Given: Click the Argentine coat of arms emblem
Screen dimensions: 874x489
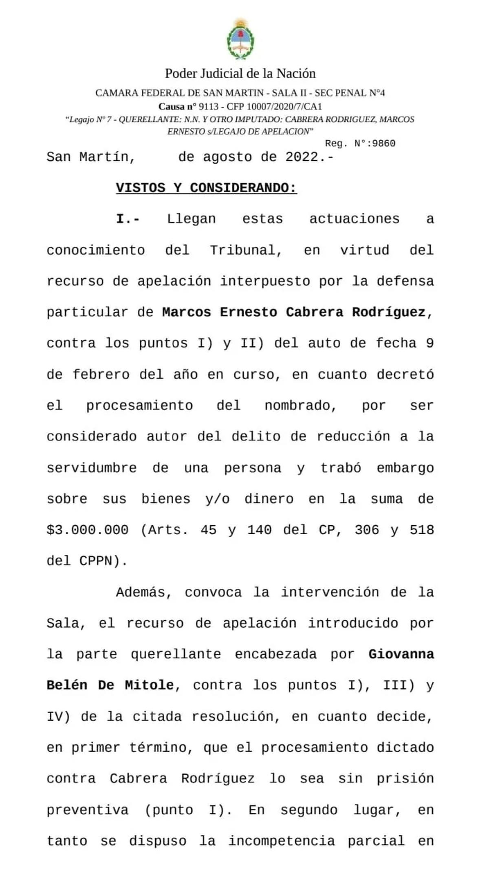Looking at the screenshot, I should [x=240, y=39].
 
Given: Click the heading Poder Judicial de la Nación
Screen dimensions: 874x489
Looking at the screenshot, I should [x=240, y=74].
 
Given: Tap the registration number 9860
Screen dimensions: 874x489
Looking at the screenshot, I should [x=384, y=143].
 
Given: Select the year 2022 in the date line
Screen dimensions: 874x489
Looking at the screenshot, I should [x=302, y=157].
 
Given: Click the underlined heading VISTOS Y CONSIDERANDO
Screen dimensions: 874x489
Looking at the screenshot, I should [x=206, y=188].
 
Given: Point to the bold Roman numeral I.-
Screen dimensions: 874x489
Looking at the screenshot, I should [x=128, y=219].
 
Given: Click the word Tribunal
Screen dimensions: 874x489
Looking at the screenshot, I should [x=246, y=250].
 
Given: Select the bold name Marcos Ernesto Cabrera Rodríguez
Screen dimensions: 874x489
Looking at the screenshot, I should [x=294, y=313].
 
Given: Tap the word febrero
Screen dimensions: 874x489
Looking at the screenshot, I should [x=101, y=374].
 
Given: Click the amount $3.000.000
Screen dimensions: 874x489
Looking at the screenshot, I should [x=88, y=530].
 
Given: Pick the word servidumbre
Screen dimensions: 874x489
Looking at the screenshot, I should [x=91, y=468].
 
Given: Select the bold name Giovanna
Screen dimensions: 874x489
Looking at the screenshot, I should [x=401, y=654].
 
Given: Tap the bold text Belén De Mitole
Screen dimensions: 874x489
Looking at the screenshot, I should [x=110, y=685].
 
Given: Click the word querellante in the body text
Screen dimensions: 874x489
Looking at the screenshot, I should [x=176, y=654].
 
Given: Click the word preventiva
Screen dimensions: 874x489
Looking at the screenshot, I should [x=87, y=810].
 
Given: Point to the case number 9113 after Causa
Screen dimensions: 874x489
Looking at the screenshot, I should [x=209, y=107].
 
